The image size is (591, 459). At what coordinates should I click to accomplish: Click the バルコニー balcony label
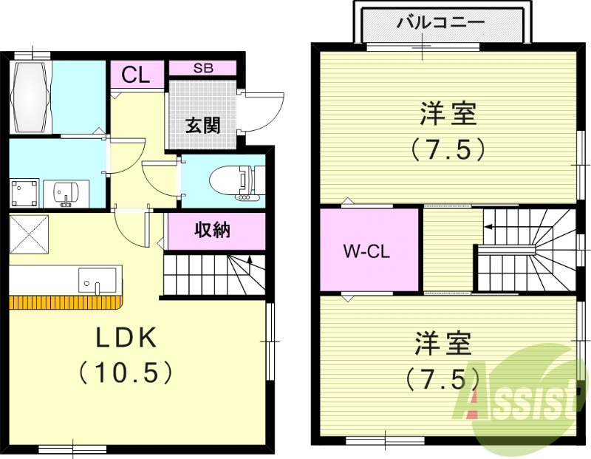[440, 21]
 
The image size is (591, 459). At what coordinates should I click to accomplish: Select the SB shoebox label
[202, 68]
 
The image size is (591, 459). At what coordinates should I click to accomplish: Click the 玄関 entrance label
[202, 124]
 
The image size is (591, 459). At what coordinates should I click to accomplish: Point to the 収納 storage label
[213, 231]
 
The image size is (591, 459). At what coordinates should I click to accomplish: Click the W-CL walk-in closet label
[366, 251]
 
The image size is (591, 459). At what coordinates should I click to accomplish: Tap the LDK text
[126, 338]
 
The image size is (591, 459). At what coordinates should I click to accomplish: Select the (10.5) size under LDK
[126, 371]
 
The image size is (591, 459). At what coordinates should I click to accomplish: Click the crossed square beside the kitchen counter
[28, 234]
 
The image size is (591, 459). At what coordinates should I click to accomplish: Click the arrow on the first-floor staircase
[250, 260]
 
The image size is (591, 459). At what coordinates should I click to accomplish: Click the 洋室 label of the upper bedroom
[448, 115]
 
